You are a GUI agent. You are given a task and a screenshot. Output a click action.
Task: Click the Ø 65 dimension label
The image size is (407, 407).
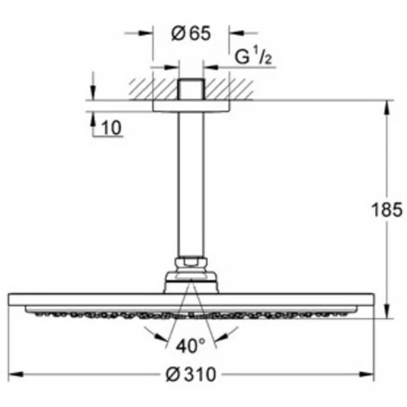tap(191, 33)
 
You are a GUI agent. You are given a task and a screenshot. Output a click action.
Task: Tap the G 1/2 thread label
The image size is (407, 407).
tap(253, 56)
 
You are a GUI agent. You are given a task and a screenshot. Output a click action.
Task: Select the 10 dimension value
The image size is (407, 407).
tap(111, 128)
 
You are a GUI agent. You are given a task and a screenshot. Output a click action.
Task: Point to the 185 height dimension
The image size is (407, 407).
tap(387, 209)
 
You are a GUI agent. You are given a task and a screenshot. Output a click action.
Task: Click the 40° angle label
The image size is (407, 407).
tap(190, 346)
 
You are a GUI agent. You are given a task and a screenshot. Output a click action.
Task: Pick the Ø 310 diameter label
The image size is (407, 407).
tap(191, 374)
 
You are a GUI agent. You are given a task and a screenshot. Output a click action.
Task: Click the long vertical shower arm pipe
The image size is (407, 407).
tap(191, 184)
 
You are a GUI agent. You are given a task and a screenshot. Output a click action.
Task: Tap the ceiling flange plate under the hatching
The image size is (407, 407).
tap(191, 106)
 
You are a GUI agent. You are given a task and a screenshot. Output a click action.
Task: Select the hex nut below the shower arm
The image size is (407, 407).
tap(191, 263)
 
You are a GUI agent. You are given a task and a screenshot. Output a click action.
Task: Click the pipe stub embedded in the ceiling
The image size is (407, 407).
tap(191, 89)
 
